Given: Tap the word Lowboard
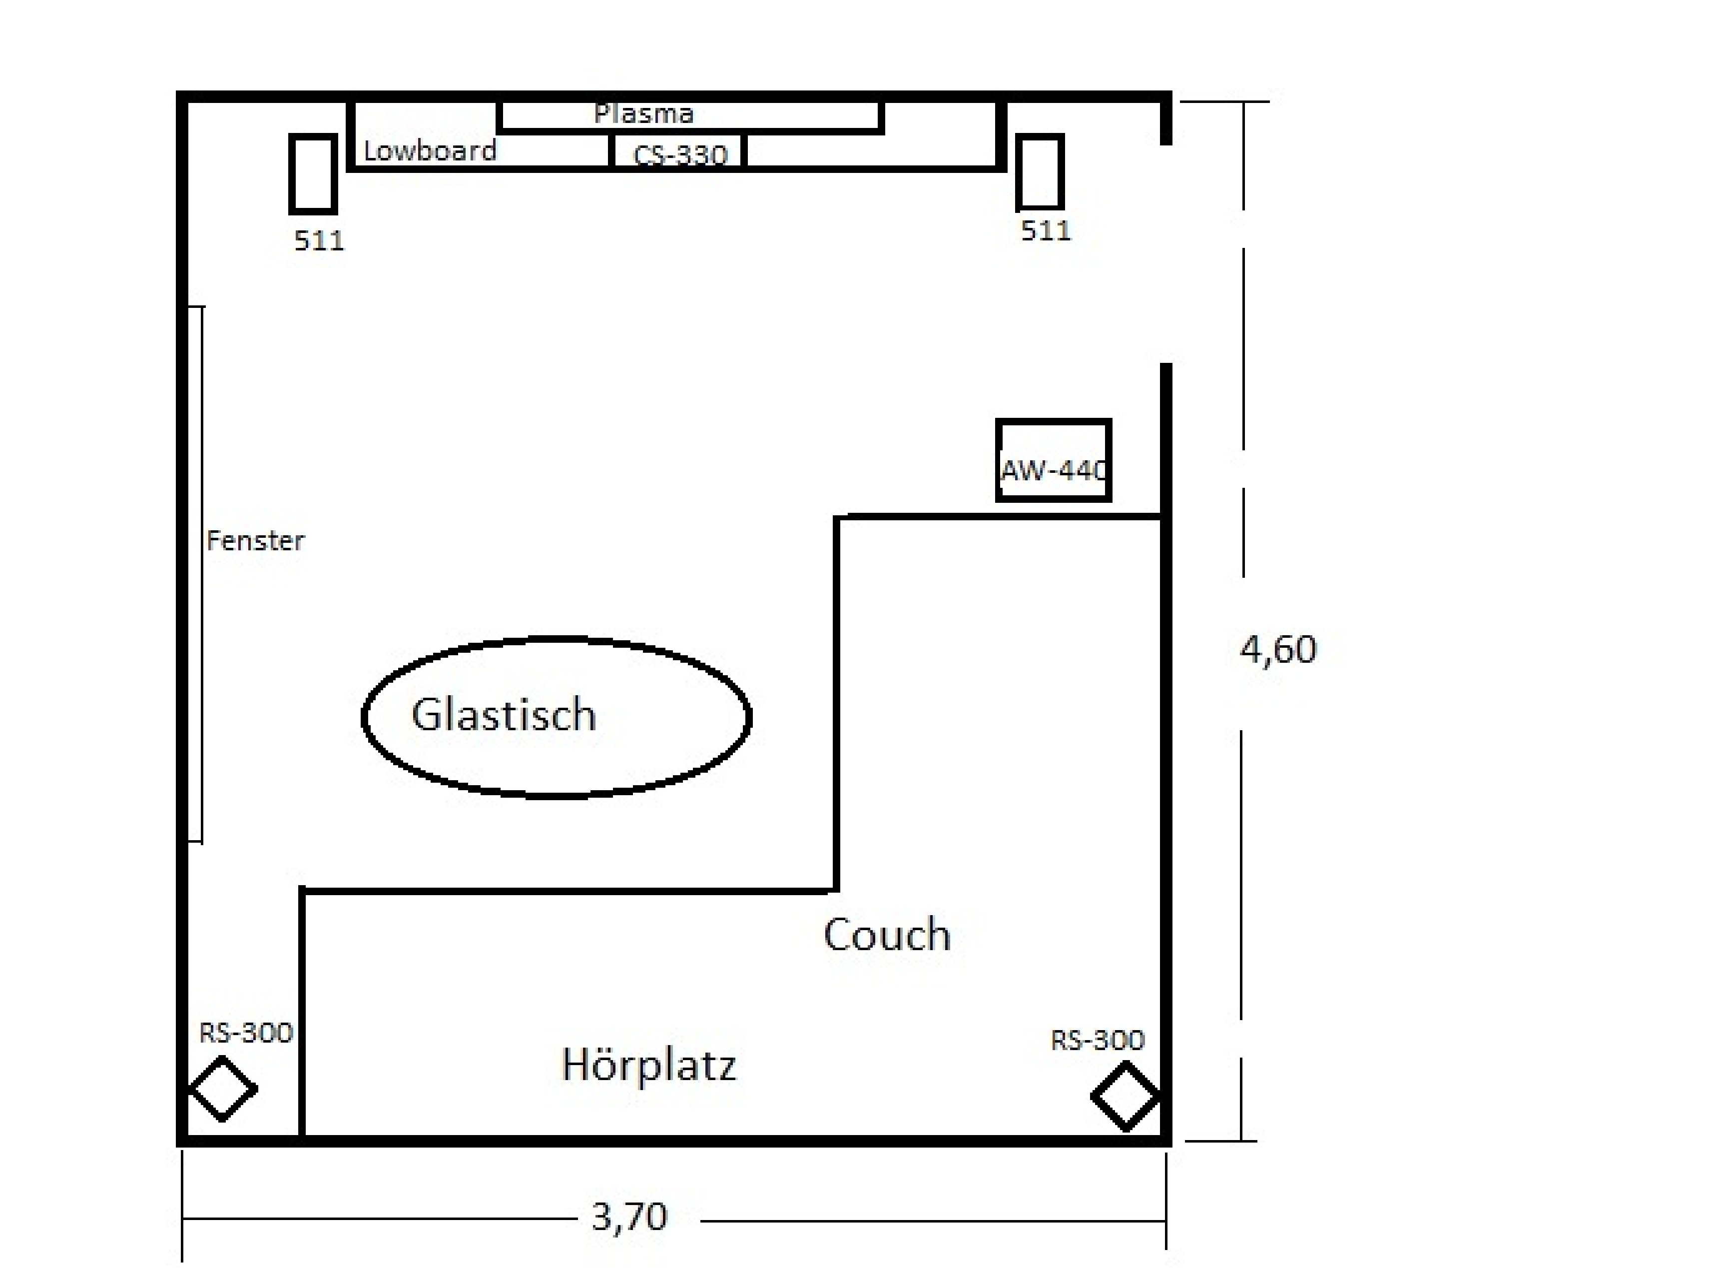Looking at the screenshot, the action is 430,151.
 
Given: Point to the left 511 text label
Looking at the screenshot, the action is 318,241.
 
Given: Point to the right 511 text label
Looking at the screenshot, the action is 1045,231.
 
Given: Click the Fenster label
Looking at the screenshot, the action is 256,540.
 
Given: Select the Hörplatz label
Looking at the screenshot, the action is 648,1064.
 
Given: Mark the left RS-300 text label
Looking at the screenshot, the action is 246,1033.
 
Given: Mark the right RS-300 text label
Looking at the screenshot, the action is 1097,1040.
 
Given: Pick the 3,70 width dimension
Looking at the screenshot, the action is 629,1217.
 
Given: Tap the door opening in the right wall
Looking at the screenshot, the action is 1166,254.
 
